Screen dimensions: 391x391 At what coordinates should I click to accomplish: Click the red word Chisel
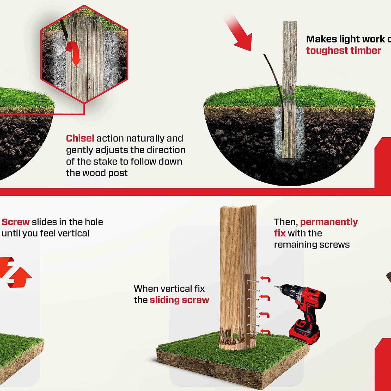[80, 138]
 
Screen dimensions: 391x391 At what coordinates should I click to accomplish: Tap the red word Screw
[16, 222]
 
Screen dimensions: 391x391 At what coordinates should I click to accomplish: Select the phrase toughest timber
[344, 51]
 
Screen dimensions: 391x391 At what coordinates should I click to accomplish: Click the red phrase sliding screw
[179, 300]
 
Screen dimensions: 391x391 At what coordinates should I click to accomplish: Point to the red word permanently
[329, 222]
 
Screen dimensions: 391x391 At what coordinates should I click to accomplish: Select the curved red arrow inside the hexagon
[73, 53]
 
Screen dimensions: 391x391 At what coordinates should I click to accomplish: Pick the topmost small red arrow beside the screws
[265, 279]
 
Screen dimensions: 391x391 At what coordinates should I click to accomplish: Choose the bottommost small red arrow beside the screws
[265, 332]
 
